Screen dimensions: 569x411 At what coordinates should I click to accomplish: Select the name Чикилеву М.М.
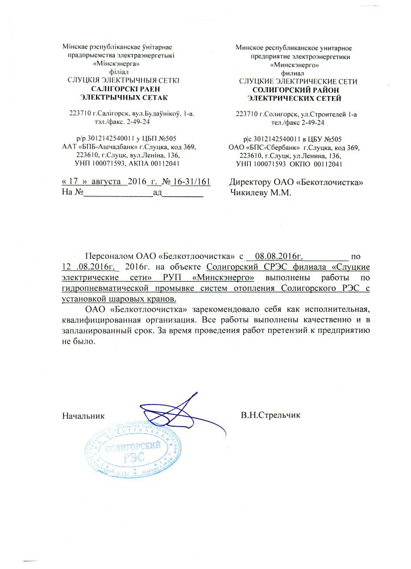(x=257, y=192)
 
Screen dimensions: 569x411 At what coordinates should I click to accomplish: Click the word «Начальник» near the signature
(x=84, y=415)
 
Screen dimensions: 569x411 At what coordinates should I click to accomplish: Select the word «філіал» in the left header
(x=120, y=73)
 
